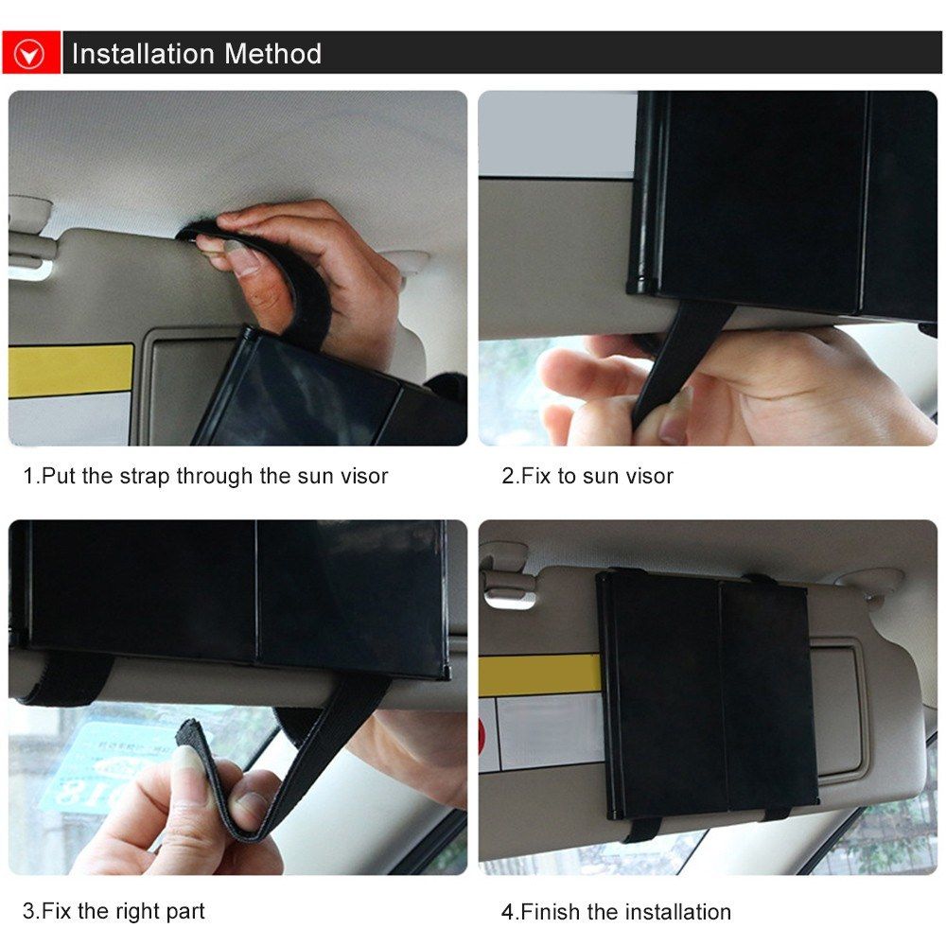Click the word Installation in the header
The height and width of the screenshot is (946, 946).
click(x=143, y=54)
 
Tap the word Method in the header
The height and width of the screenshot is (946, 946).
click(x=272, y=54)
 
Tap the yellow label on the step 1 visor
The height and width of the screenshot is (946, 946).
click(x=71, y=370)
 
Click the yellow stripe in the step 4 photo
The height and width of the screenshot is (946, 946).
click(x=539, y=674)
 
